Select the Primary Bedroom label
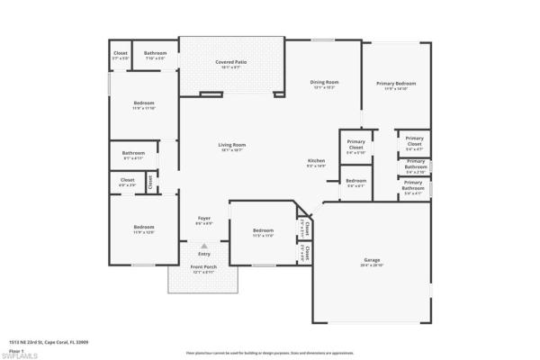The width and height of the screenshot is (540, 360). point(396,84)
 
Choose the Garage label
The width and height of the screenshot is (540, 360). point(372,260)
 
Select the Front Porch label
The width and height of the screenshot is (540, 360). point(203,268)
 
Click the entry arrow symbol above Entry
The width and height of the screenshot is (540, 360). point(204,245)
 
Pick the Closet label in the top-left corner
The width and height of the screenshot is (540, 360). point(121,53)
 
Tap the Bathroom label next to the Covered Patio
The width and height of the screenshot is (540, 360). point(155,53)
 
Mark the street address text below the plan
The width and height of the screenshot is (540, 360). point(42,343)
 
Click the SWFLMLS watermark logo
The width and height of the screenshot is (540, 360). point(19,355)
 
